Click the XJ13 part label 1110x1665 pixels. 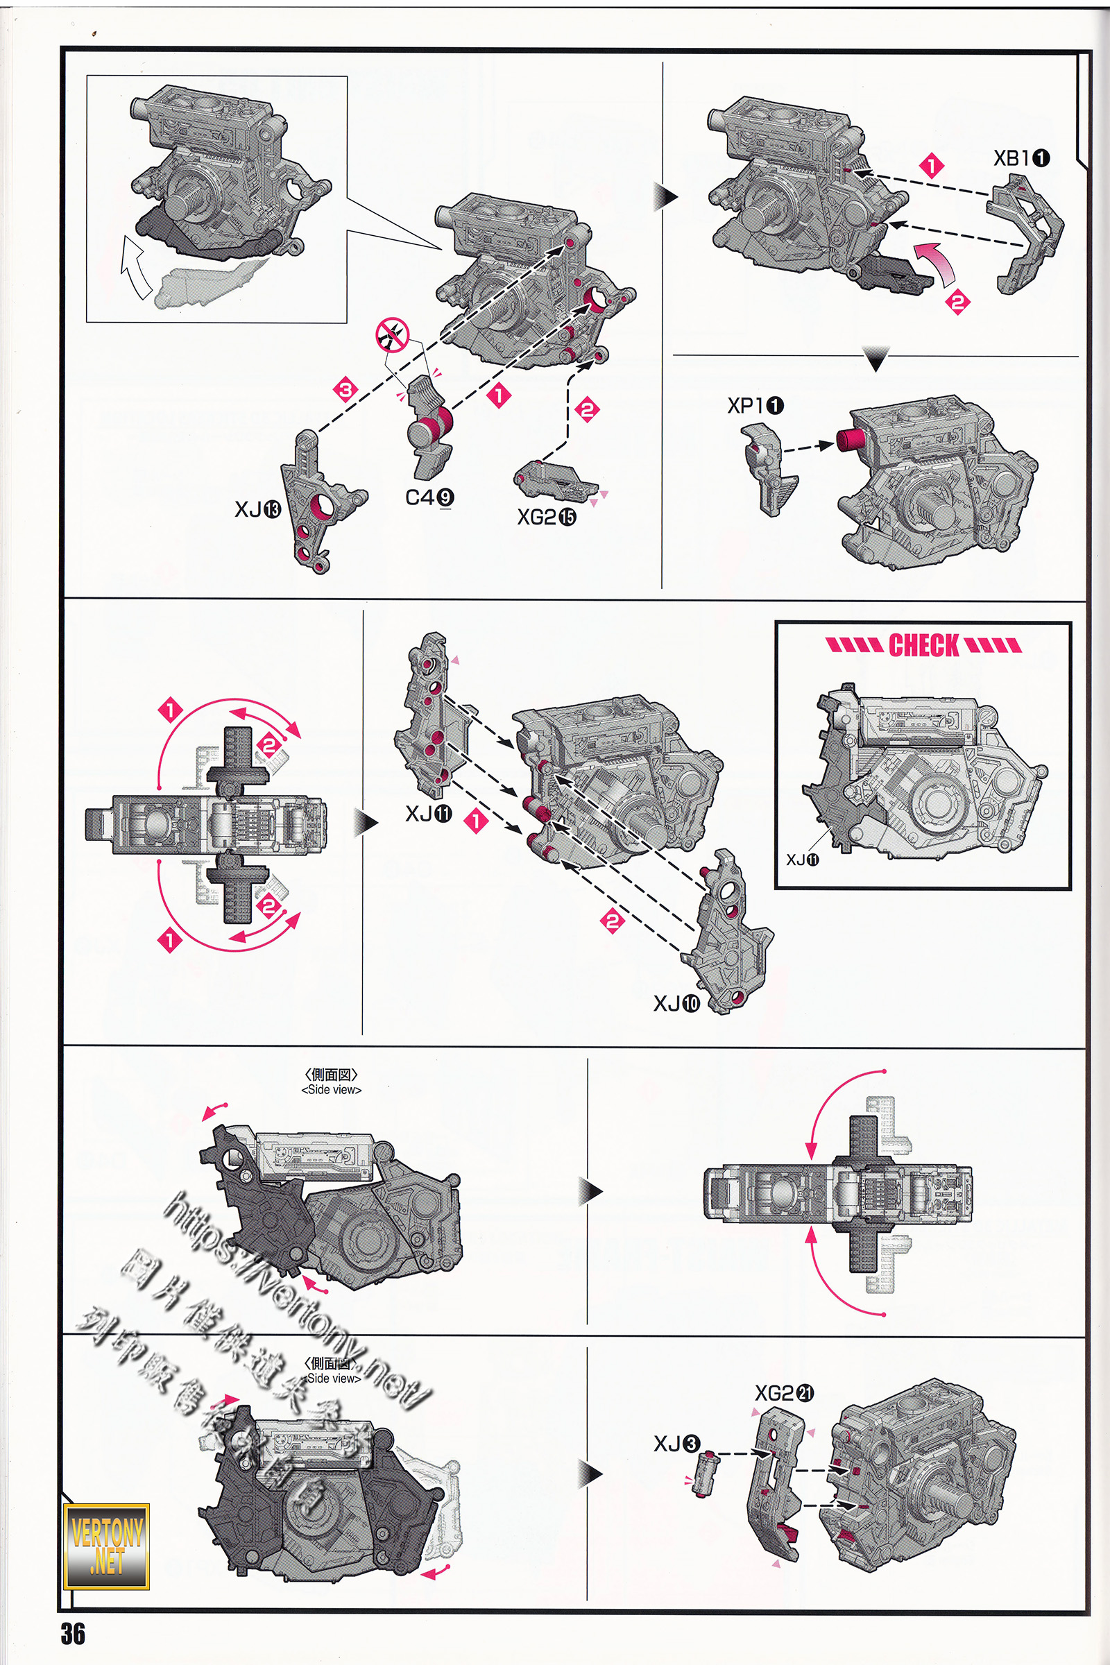coord(257,509)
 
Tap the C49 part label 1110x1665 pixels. coord(429,497)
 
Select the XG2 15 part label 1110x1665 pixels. coord(547,518)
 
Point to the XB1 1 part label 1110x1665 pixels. coord(1021,159)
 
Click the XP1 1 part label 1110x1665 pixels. coord(755,406)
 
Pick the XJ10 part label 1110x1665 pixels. coord(676,1003)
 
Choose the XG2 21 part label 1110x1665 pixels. coord(784,1393)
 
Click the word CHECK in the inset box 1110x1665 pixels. coord(924,645)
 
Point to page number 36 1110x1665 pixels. coord(72,1634)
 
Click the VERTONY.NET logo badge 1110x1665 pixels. coord(107,1546)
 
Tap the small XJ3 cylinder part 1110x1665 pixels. coord(705,1472)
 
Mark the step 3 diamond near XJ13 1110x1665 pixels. coord(345,389)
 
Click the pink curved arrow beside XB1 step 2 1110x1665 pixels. coord(936,262)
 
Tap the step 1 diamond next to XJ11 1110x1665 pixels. coord(477,821)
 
